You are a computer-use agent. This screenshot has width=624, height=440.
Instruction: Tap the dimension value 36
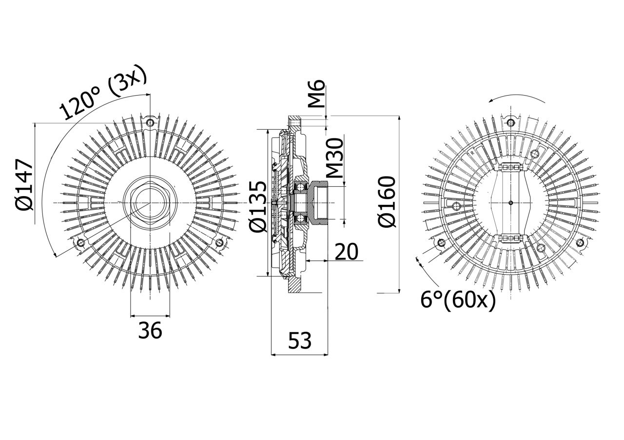150,331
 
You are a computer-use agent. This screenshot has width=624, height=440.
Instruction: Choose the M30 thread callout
334,158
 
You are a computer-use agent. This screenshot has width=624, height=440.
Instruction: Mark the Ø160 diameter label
388,202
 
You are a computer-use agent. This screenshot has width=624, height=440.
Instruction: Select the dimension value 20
346,252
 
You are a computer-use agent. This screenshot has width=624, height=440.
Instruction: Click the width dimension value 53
299,341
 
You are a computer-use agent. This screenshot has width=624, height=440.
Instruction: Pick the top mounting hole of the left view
150,121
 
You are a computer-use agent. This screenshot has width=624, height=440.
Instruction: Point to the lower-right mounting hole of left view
219,242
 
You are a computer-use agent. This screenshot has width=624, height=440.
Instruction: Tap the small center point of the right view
510,202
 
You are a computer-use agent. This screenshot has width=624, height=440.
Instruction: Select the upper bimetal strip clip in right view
510,167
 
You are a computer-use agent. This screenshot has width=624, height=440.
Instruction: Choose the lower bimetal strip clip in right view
510,238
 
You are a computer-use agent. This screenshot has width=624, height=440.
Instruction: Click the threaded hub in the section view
320,201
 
